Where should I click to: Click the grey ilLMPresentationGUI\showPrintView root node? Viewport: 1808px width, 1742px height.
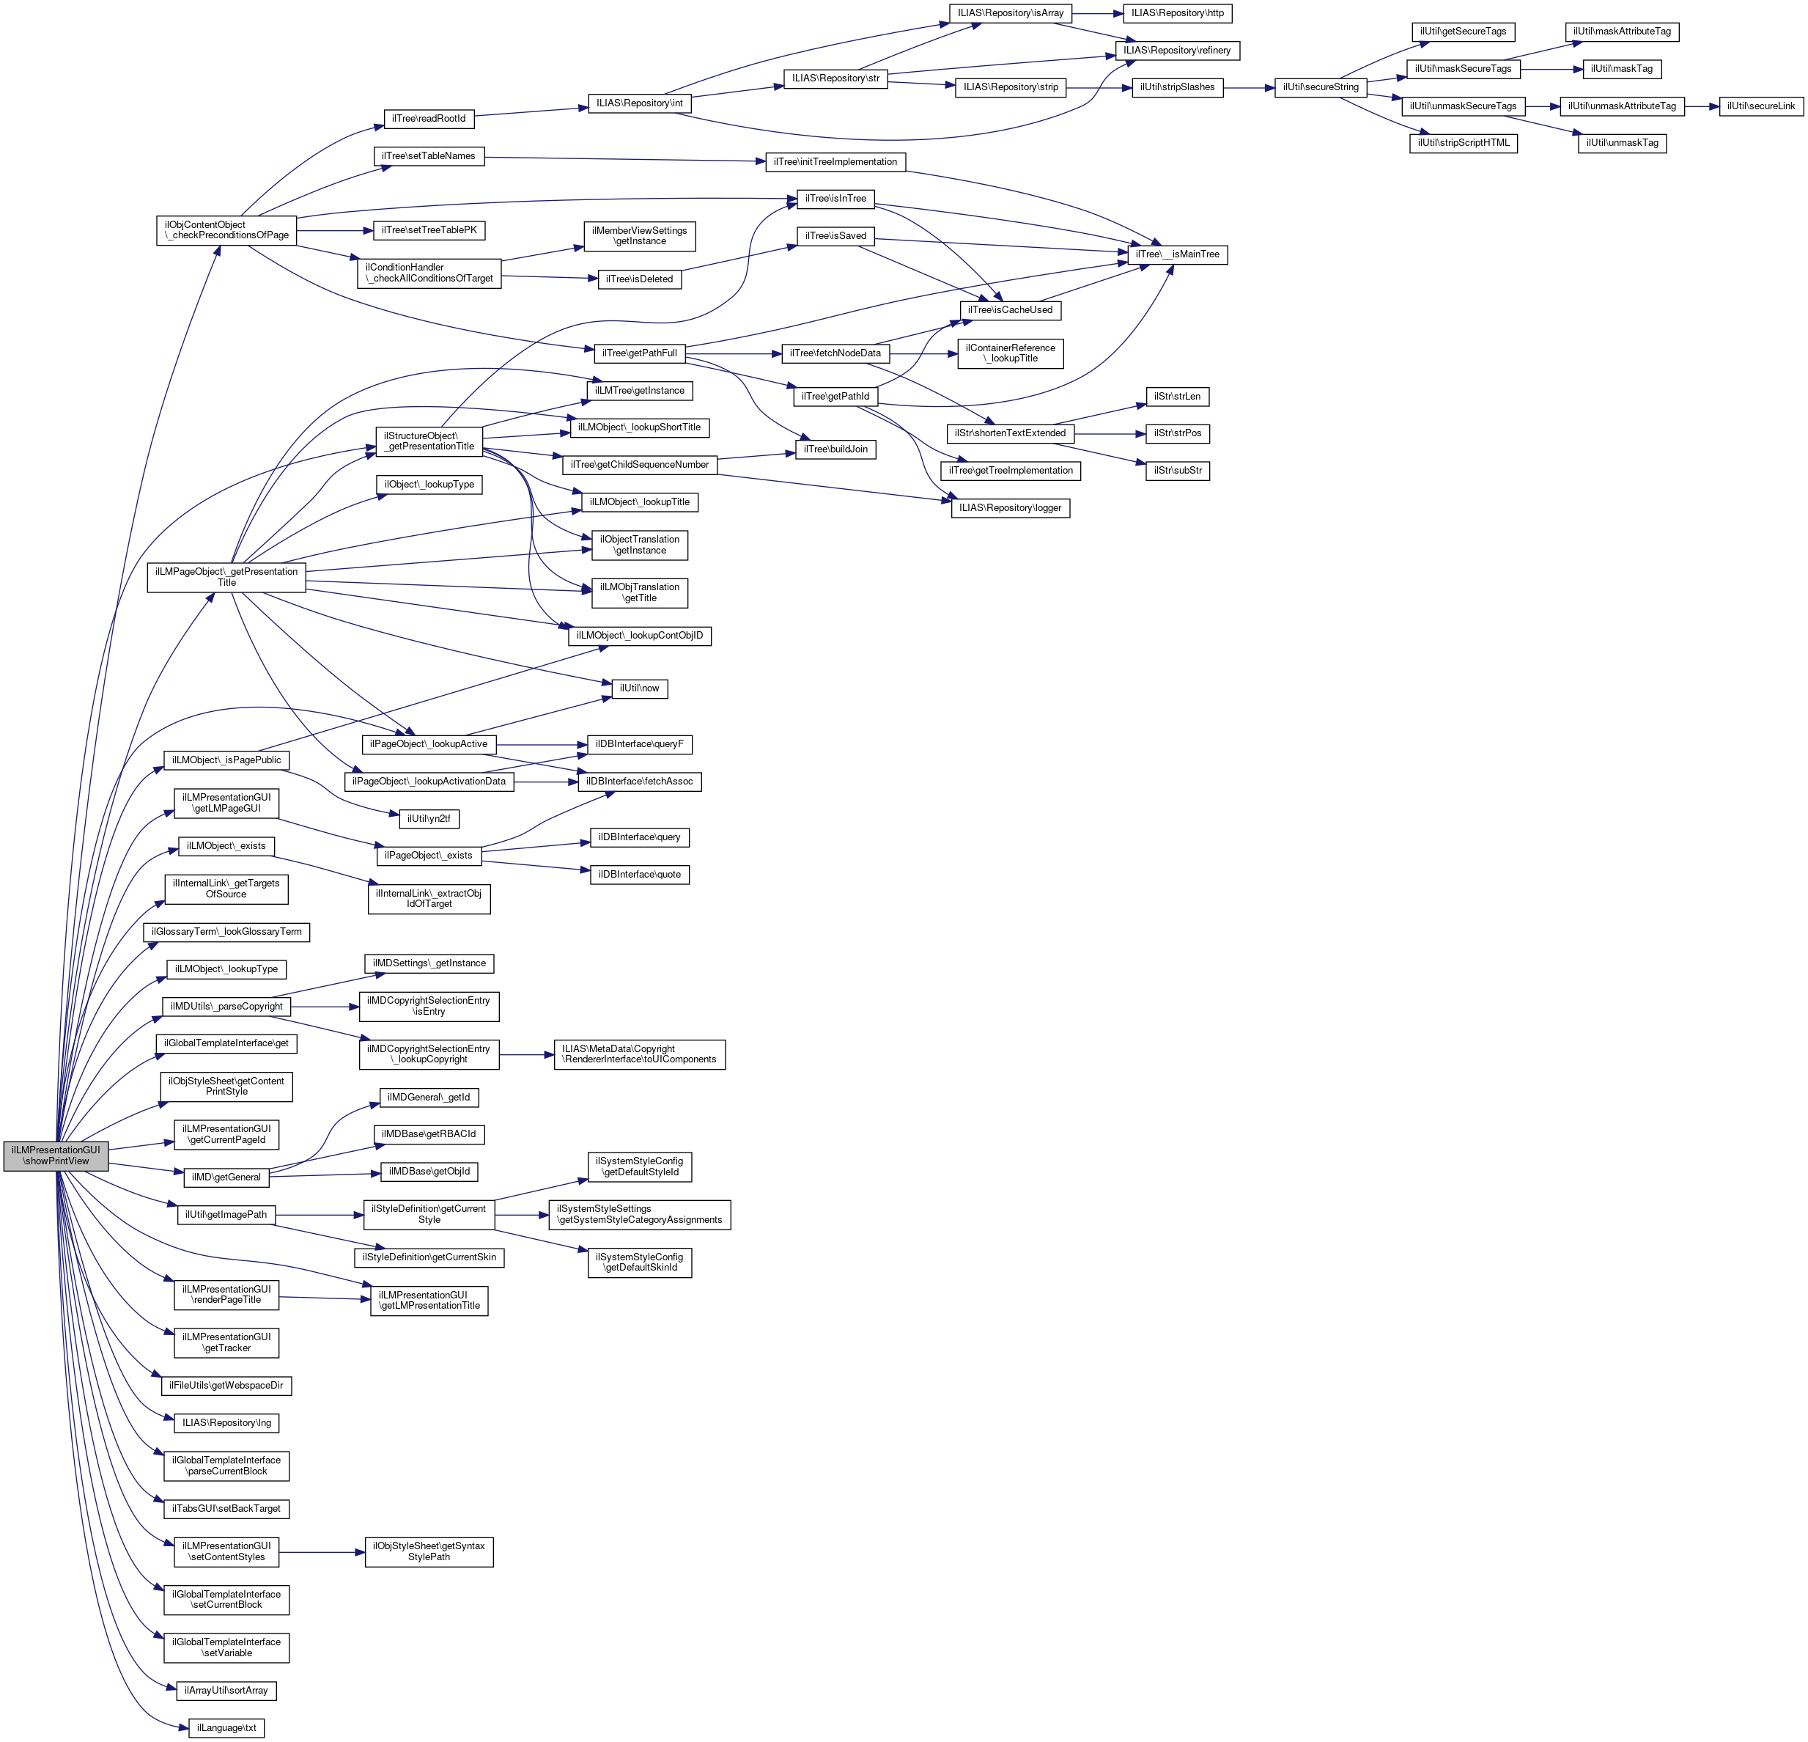pos(56,1155)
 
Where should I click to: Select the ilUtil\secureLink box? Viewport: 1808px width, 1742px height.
pos(1761,106)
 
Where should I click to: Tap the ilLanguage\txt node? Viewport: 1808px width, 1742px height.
pos(226,1727)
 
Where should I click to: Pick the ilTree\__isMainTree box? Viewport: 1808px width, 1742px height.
pos(1177,254)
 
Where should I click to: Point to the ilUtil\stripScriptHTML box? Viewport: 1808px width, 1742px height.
pos(1463,143)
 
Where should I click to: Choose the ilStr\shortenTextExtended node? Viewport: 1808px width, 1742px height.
pos(1010,433)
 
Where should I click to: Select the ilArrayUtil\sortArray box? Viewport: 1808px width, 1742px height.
pos(225,1691)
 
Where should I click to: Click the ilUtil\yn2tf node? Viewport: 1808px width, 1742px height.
pos(429,818)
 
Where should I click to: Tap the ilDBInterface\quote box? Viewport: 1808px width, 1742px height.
pos(639,874)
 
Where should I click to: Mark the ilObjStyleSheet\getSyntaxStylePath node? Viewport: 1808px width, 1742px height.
pos(429,1551)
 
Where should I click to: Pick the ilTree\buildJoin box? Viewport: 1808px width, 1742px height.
pos(835,449)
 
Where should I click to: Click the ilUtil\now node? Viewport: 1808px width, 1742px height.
pos(639,688)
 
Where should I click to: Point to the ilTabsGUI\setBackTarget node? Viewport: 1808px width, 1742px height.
pos(226,1509)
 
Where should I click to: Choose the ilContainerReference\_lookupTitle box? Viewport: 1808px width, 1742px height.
pos(1010,353)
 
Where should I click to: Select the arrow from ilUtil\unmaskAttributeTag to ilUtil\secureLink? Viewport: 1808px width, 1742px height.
pos(1701,106)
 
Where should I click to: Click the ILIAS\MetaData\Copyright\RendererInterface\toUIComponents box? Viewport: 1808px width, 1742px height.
pos(639,1054)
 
